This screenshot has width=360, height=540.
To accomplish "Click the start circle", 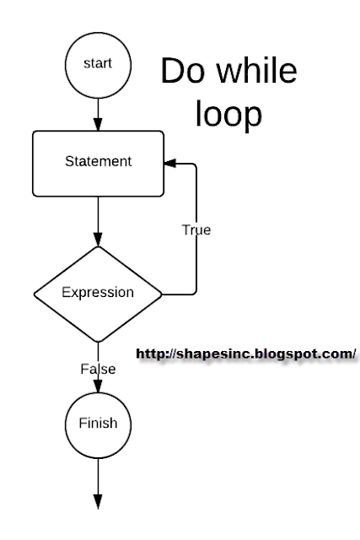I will pos(98,63).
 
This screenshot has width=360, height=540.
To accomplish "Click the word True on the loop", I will pos(196,229).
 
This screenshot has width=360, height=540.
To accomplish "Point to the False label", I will pos(98,369).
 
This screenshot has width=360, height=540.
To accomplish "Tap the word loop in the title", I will pos(228,116).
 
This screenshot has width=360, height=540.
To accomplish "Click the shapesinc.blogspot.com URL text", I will pos(245,353).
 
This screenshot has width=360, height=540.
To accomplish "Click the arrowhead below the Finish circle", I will pos(98,503).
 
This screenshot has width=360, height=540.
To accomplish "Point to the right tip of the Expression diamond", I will pos(162,294).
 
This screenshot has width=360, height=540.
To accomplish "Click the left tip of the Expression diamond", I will pos(34,294).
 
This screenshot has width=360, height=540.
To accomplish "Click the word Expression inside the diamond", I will pos(97,294).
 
